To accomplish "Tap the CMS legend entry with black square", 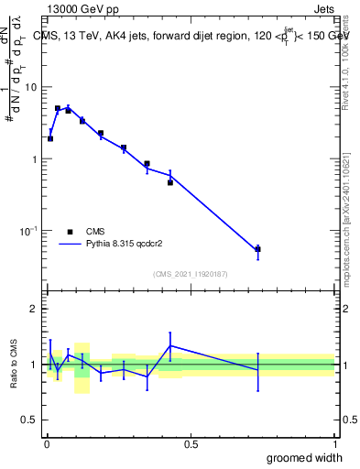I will pos(71,232).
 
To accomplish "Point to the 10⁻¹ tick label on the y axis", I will pos(28,230).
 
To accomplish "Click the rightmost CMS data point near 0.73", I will pos(258,249).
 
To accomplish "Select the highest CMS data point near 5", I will pos(58,108).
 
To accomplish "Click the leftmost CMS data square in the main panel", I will pos(50,138).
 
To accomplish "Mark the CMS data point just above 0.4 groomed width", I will pos(170,182).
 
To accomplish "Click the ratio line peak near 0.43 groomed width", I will pos(170,345).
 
